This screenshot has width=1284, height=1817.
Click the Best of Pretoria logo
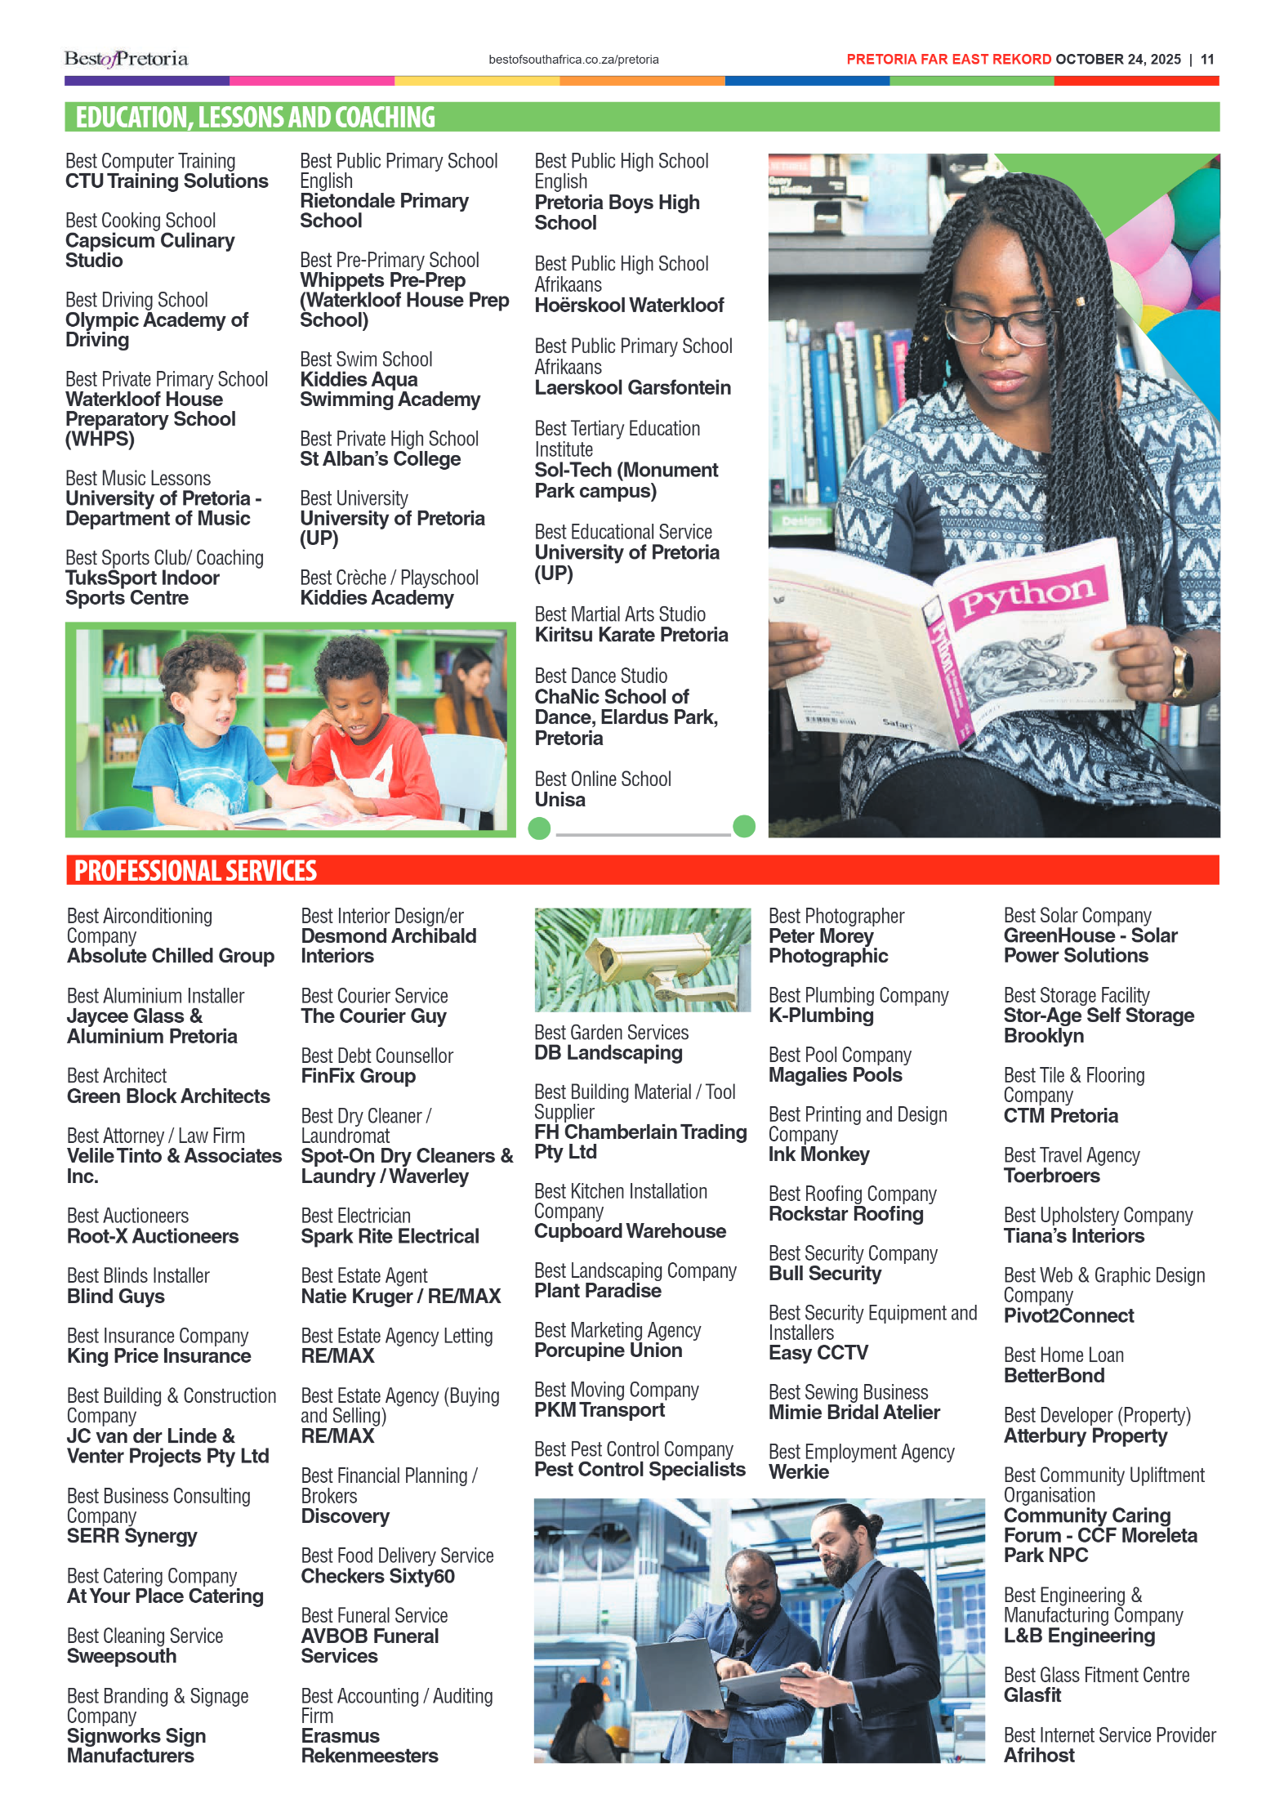point(126,59)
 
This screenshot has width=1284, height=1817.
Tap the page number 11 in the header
point(1207,60)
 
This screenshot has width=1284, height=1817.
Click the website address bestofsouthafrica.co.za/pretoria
point(573,60)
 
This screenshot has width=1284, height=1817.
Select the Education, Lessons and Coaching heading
point(255,118)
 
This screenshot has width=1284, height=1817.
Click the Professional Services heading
point(195,871)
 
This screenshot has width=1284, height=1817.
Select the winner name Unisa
point(560,800)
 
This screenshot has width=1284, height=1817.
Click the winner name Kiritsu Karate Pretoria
point(631,635)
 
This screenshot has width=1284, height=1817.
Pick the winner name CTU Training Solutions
point(167,181)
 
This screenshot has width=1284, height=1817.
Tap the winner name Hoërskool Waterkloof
point(629,306)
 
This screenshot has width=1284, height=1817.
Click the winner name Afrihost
point(1039,1755)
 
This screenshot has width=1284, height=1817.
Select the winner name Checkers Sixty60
point(377,1576)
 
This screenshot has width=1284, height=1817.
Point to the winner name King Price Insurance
point(158,1356)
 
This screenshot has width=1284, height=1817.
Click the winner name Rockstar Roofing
point(845,1214)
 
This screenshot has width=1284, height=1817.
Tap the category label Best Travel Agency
point(1071,1155)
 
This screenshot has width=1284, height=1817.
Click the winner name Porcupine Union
point(608,1350)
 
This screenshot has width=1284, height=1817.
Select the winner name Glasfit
point(1032,1695)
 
